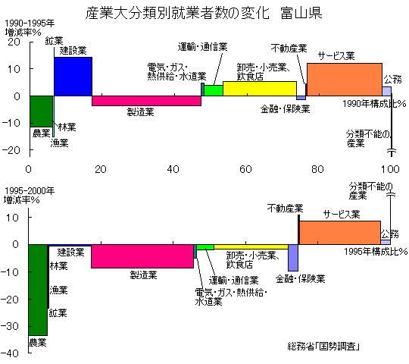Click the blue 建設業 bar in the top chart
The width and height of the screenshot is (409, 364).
coord(73,77)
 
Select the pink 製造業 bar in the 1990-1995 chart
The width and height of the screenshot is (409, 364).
coord(146,101)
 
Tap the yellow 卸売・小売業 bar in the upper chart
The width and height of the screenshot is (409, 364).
coord(260,89)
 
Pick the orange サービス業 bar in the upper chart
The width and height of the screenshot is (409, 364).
coord(345,80)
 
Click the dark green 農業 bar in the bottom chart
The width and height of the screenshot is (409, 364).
coord(38,290)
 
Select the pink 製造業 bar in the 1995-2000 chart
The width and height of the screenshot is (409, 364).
coord(142,256)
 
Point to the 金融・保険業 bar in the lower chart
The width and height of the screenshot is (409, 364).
coord(293,258)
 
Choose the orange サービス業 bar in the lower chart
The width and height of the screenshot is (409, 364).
coord(340,233)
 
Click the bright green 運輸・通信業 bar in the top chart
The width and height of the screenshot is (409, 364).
coord(214,90)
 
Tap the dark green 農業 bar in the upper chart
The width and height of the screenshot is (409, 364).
coord(41,111)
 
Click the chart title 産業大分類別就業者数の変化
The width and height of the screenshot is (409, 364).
coord(177,13)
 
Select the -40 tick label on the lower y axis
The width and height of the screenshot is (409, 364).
coord(10,354)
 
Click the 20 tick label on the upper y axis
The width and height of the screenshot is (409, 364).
coord(14,42)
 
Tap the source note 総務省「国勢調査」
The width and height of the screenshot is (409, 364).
coord(323,347)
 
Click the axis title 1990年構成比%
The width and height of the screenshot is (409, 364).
coord(374,104)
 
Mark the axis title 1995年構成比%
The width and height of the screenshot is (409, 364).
coord(376,251)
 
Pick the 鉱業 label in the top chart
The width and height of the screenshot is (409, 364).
coord(54,41)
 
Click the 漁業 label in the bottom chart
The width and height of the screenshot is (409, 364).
coord(58,290)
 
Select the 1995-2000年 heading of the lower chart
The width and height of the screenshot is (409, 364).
coord(30,191)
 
